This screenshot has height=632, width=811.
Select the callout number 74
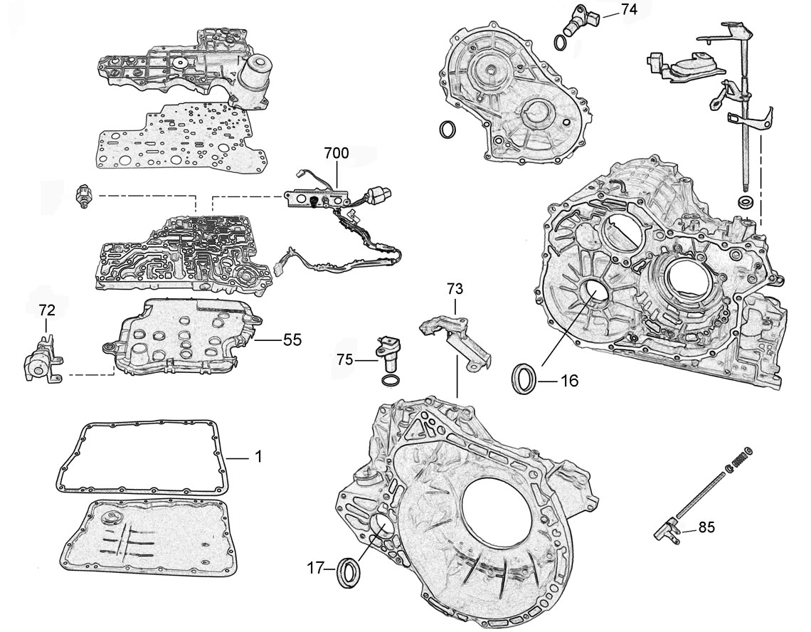[x=628, y=9]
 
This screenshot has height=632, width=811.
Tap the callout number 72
[x=46, y=310]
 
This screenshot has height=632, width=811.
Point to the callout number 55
[x=291, y=340]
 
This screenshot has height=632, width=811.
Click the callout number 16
[x=568, y=380]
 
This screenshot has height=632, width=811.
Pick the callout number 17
[x=316, y=568]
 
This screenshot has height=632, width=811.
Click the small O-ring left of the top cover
[x=447, y=131]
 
